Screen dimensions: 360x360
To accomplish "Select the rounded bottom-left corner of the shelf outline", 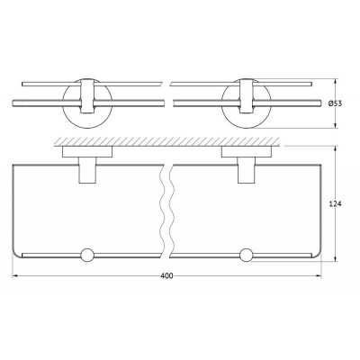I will (20, 255).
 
